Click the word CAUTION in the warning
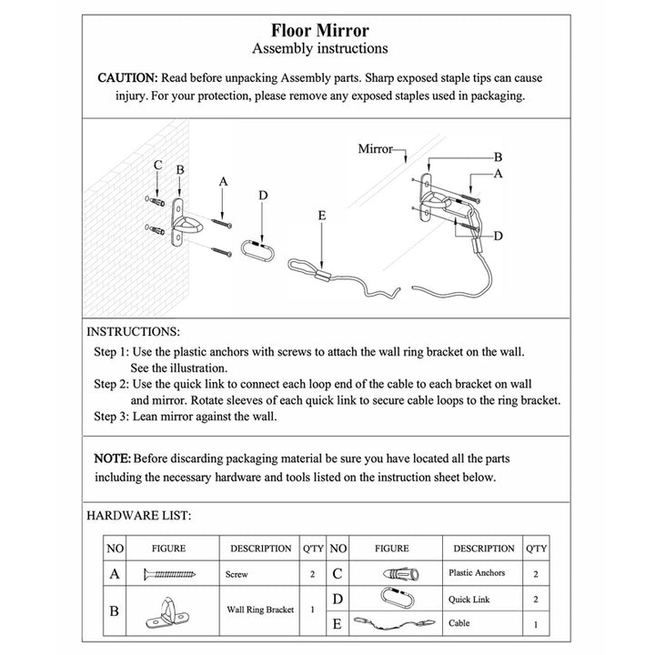[127, 77]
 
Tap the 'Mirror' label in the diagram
[375, 147]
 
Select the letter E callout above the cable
[322, 216]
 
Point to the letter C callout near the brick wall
[157, 166]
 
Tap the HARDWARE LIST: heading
[138, 515]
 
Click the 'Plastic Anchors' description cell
[477, 573]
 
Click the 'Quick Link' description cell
[469, 600]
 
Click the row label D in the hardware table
[338, 600]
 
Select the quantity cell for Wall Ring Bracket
[312, 610]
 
